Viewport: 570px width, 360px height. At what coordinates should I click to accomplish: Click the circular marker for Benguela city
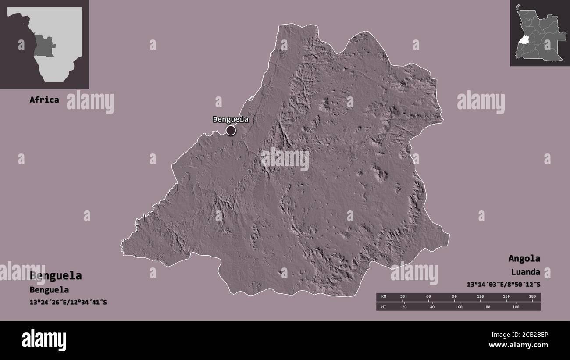[x=231, y=130]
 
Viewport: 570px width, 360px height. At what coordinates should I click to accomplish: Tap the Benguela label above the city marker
[x=231, y=119]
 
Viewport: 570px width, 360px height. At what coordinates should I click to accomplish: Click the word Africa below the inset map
[x=44, y=100]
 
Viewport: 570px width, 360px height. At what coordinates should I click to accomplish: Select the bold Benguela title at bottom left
[x=56, y=276]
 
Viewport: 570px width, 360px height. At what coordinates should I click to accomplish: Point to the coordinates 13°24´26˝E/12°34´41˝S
[x=68, y=303]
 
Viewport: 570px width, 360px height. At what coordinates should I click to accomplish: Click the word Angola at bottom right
[x=524, y=258]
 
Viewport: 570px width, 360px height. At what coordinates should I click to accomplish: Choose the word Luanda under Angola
[x=525, y=272]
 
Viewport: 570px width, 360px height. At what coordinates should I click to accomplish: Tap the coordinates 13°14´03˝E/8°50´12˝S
[x=503, y=285]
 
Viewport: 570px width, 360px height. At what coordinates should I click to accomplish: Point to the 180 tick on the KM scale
[x=532, y=297]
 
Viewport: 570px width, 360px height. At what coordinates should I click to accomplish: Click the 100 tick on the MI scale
[x=515, y=307]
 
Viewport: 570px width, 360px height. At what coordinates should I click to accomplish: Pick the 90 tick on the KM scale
[x=455, y=297]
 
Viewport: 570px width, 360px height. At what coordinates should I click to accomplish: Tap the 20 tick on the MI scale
[x=404, y=307]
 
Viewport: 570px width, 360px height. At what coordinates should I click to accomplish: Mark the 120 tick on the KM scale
[x=481, y=297]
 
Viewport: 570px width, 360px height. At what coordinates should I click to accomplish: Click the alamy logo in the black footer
[x=44, y=340]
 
